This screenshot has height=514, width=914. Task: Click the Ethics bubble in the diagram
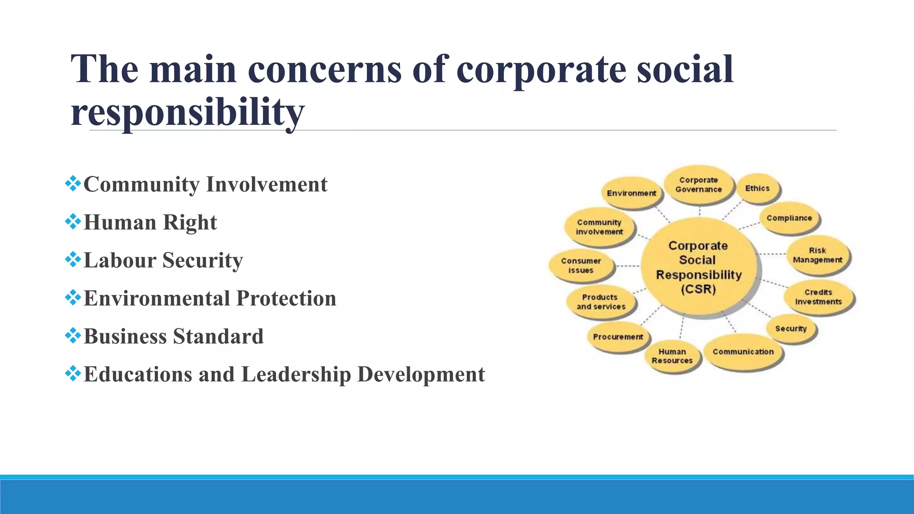[x=758, y=188]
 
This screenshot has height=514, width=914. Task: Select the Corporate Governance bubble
[x=698, y=185]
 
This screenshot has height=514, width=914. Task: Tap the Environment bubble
[x=631, y=193]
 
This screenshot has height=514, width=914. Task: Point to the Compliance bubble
[x=789, y=218]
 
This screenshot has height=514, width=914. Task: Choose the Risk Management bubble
[x=818, y=255]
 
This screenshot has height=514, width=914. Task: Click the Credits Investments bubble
[x=818, y=297]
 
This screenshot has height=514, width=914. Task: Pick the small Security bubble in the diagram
[x=791, y=328]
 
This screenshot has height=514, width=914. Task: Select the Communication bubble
[x=743, y=352]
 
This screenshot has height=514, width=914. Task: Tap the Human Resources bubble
[x=672, y=356]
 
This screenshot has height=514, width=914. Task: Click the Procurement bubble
[x=618, y=337]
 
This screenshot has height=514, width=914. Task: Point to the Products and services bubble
[x=601, y=302]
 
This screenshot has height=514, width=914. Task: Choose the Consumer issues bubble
[x=581, y=265]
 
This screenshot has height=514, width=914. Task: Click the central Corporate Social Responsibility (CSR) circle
[x=698, y=268]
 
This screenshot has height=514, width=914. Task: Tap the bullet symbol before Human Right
[x=73, y=221]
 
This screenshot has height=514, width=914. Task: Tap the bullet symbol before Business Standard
[x=73, y=335]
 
